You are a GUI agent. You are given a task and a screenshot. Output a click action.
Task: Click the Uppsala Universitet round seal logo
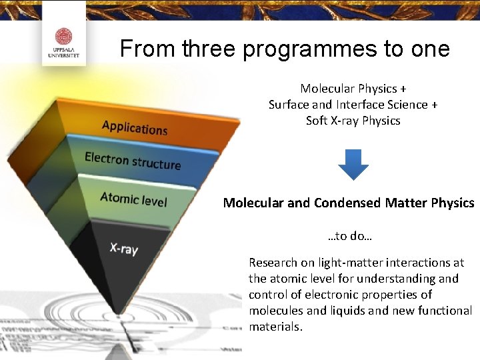tap(63, 37)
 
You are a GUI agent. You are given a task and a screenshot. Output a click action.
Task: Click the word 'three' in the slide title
tap(207, 49)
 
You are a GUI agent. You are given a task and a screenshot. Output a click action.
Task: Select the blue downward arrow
tap(353, 164)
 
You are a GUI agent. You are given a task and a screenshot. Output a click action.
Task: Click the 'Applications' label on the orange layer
tap(135, 127)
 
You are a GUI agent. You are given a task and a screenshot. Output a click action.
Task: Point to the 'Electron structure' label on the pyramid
tap(133, 161)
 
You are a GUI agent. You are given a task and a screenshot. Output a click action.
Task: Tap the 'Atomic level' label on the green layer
tap(133, 198)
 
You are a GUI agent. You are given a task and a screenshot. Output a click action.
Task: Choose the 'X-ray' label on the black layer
tap(124, 248)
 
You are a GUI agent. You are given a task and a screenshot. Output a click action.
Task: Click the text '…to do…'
tap(350, 235)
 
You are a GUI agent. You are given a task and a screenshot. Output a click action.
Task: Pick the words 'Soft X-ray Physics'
tap(353, 121)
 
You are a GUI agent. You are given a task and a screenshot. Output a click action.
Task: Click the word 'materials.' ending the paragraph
tap(275, 327)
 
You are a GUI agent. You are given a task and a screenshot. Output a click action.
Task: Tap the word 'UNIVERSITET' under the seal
tap(63, 56)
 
